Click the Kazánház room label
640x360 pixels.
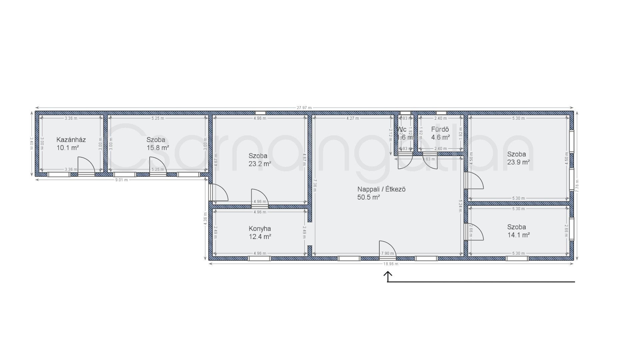click(71, 140)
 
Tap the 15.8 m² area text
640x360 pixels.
click(158, 148)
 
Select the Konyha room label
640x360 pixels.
click(260, 229)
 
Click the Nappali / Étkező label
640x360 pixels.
click(381, 189)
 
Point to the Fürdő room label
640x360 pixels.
click(440, 129)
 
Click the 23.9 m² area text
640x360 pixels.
click(518, 162)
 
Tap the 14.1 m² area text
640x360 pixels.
click(518, 235)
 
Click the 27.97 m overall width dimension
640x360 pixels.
click(304, 108)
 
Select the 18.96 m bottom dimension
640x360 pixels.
click(391, 264)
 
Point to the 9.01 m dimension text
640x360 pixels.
click(121, 180)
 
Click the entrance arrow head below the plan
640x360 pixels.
click(388, 274)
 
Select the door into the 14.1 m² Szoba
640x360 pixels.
click(475, 231)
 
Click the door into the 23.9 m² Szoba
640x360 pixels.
click(475, 180)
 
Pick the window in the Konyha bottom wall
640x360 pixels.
click(259, 258)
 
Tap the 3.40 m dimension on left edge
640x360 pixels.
click(32, 143)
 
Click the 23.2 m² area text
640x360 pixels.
click(260, 164)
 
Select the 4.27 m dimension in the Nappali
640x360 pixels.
click(352, 118)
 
